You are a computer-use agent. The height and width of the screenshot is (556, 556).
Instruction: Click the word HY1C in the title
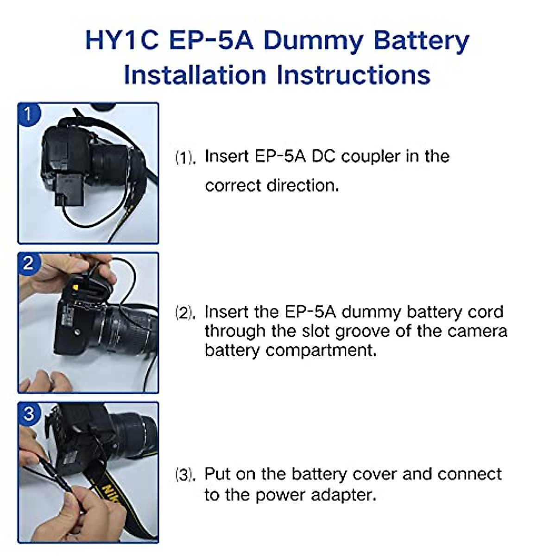(x=122, y=40)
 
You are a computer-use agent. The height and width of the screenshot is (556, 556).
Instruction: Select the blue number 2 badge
(x=28, y=263)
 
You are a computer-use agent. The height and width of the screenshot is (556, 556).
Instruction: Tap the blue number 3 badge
(x=28, y=413)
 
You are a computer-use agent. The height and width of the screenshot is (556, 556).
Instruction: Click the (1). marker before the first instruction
(x=185, y=158)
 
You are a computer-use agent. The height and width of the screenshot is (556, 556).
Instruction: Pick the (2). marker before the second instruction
(x=185, y=313)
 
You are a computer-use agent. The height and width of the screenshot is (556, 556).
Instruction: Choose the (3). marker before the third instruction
(x=185, y=475)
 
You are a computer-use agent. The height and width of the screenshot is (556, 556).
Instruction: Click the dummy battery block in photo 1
(x=70, y=188)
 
